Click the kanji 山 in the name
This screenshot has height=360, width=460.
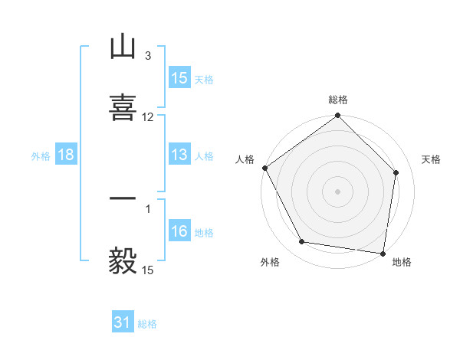coord(123,48)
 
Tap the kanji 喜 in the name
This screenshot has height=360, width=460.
coord(123,107)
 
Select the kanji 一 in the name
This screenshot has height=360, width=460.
coord(123,198)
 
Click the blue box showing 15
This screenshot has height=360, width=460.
coord(179,78)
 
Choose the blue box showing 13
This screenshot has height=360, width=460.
coord(179,155)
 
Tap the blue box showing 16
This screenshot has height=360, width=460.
coord(179,232)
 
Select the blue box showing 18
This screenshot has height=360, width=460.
coord(66,155)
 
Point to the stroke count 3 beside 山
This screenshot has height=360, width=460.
coord(147,56)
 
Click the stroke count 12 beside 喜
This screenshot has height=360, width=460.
coord(148,117)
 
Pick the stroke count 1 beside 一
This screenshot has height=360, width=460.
coord(148,208)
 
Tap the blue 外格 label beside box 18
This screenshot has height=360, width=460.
coord(41,156)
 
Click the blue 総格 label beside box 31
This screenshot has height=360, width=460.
coord(147,324)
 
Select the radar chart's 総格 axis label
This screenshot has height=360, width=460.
coord(338,100)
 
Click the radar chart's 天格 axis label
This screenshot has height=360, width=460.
coord(431,159)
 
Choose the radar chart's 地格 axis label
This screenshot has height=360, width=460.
coord(402,262)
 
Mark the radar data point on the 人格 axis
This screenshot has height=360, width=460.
coord(264,168)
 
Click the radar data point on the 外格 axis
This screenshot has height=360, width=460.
coord(302,242)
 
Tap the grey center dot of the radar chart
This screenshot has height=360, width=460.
coord(338,191)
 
